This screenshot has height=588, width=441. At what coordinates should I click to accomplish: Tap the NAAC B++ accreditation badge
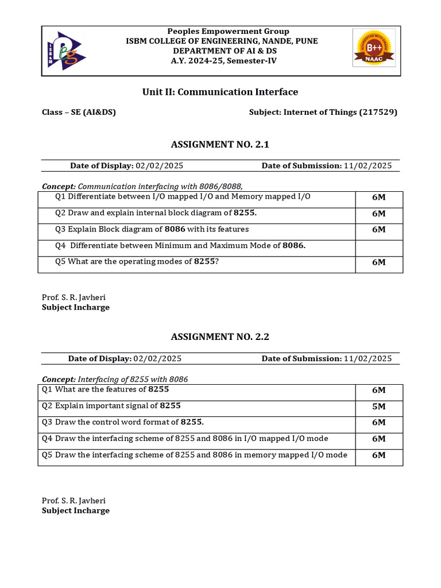click(x=373, y=50)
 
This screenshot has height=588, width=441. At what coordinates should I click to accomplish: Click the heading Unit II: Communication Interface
click(x=220, y=92)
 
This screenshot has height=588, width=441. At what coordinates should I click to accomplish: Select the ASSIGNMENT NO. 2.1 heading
click(x=220, y=145)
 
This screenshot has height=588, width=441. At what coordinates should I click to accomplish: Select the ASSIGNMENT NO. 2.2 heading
click(x=220, y=336)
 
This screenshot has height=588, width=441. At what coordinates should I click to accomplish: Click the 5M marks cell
click(x=378, y=407)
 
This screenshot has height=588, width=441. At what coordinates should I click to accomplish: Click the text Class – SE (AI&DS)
click(x=79, y=113)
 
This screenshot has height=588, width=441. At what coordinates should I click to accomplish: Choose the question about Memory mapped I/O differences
click(x=183, y=197)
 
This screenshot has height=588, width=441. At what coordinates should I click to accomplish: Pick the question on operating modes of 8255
click(x=137, y=262)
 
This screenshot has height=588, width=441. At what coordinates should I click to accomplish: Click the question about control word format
click(x=123, y=422)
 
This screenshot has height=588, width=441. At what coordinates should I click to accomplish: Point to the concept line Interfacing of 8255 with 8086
click(x=115, y=380)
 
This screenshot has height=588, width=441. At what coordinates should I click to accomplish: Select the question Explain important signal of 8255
click(x=111, y=406)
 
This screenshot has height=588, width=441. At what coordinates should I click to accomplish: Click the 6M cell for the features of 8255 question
click(x=378, y=390)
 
